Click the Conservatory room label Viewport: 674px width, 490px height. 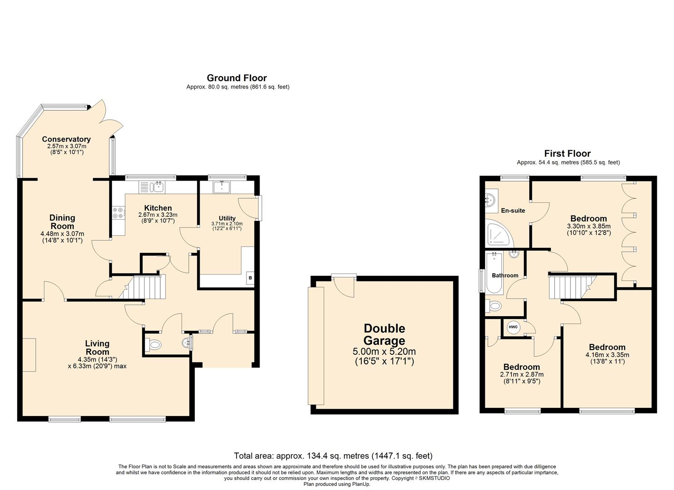coord(66,139)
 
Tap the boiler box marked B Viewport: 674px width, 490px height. coord(250,278)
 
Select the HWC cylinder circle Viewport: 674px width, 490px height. coord(513,327)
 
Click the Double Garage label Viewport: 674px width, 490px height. coord(384,334)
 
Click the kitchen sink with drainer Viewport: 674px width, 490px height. coord(151,187)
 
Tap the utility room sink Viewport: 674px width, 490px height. coord(221,187)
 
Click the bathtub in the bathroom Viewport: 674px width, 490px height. coord(494,273)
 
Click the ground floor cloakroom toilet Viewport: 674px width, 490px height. coord(153,344)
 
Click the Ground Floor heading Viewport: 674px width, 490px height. coord(237,78)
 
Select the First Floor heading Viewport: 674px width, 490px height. coord(567,154)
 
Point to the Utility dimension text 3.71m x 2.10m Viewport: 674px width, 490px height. coord(227,224)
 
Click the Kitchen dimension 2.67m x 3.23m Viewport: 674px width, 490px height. coord(158,215)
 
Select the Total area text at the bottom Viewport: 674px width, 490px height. coord(333,456)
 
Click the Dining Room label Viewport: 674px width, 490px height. coord(62,222)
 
